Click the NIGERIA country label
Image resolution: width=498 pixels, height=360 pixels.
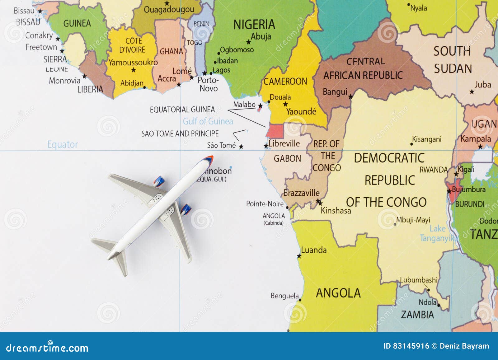click(x=254, y=25)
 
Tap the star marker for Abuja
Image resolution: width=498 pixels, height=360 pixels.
click(x=248, y=42)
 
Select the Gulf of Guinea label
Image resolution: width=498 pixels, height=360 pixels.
click(x=208, y=121)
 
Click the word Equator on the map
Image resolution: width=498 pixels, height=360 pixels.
click(x=63, y=144)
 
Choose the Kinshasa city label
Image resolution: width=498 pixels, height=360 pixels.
click(x=336, y=211)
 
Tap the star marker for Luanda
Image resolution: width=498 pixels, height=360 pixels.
click(x=299, y=256)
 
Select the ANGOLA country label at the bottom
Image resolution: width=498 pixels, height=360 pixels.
click(x=338, y=293)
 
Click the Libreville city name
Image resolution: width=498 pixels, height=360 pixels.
click(x=284, y=143)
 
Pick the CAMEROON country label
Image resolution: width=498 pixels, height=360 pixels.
click(x=285, y=82)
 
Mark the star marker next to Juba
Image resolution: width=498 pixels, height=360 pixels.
click(x=472, y=92)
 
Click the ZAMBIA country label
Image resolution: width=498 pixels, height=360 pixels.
click(x=417, y=315)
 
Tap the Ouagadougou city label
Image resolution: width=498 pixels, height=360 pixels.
click(x=169, y=10)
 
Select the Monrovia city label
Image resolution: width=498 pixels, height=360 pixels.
click(x=64, y=81)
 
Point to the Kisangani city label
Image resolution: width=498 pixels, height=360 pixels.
click(x=426, y=139)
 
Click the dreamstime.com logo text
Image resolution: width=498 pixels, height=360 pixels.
click(x=47, y=348)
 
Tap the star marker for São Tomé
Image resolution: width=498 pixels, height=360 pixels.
click(x=241, y=147)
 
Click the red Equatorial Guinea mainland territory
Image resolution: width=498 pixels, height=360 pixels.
click(x=275, y=131)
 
